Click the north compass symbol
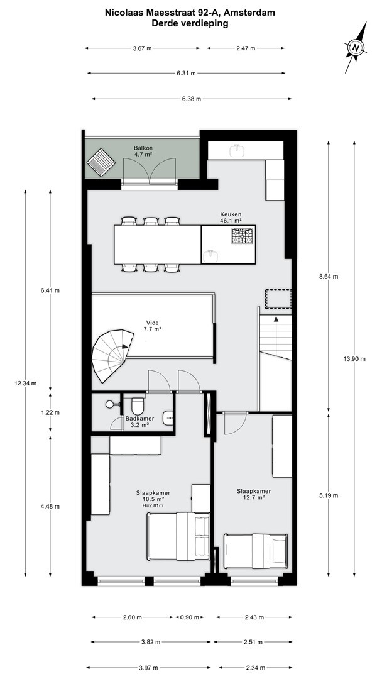(356, 47)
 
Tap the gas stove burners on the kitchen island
(242, 236)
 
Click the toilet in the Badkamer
(138, 406)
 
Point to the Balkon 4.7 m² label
(143, 151)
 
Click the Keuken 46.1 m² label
(231, 217)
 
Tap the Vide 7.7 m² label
(152, 326)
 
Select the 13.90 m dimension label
(354, 358)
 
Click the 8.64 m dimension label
(329, 276)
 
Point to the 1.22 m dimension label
(50, 412)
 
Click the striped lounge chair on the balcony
(101, 162)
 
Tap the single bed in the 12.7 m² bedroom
(255, 551)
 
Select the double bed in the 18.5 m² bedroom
(178, 536)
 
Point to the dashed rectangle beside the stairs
(278, 299)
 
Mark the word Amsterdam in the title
(254, 13)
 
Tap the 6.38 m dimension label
(191, 99)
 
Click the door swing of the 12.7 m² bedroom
(236, 423)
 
